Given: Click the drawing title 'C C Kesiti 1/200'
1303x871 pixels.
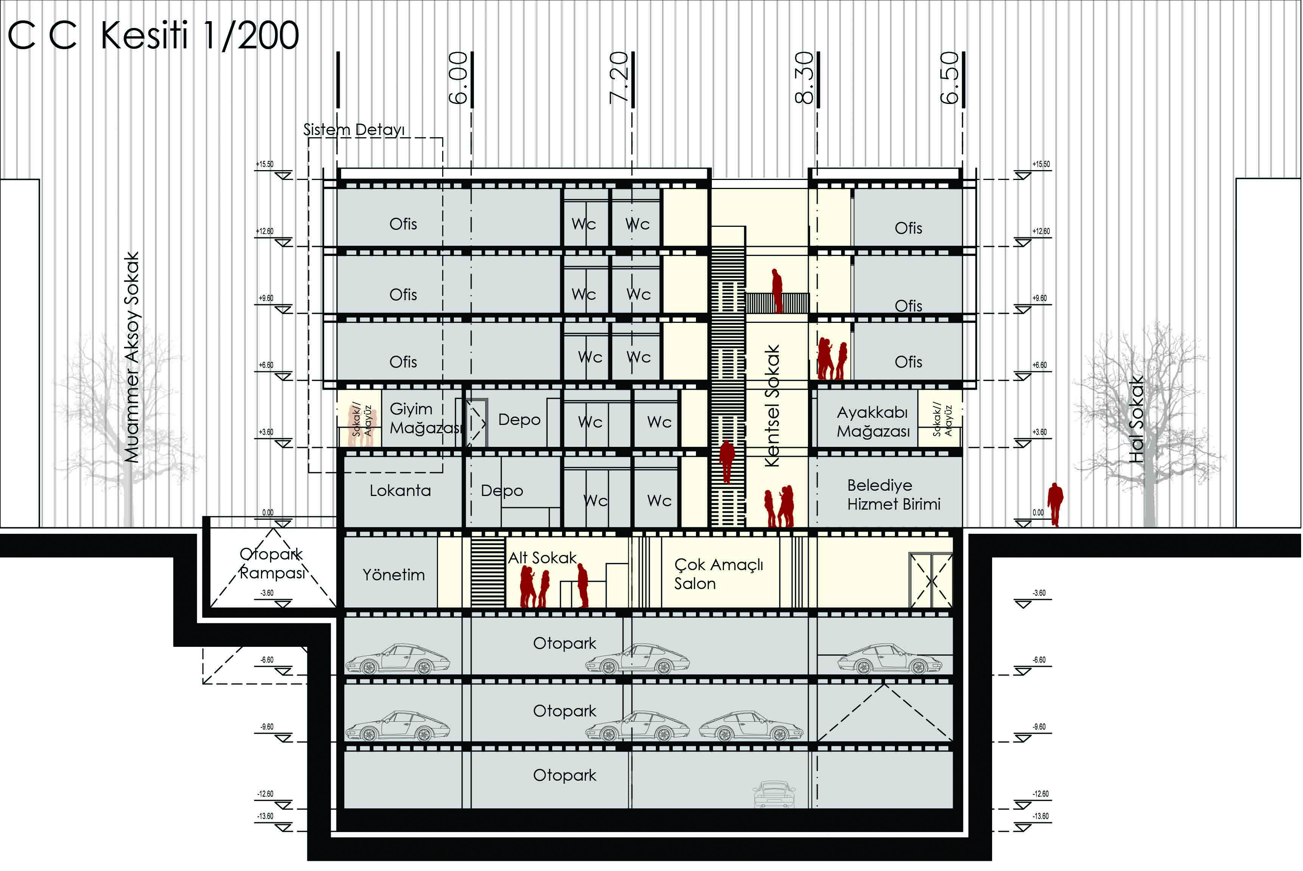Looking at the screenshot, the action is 153,36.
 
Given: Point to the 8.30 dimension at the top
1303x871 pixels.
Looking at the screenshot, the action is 804,78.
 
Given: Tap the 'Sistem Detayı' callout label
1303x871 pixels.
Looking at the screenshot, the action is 354,130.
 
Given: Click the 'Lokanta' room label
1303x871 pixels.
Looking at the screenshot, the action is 400,490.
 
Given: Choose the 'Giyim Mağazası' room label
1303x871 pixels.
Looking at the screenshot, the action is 426,418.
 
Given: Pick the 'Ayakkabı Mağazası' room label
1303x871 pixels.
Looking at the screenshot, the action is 873,422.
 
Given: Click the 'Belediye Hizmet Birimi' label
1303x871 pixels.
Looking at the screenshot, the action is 893,494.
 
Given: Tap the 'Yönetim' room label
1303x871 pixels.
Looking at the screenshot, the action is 393,574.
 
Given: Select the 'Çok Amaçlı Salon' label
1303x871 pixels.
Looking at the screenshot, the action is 719,574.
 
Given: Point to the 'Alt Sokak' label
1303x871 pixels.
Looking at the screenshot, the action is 542,558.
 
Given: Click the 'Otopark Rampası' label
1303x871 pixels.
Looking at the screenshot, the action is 272,563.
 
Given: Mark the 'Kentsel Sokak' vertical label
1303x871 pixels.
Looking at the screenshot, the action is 772,406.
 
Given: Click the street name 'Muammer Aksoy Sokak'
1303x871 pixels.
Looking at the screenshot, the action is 131,357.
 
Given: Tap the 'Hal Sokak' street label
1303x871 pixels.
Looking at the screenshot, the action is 1136,419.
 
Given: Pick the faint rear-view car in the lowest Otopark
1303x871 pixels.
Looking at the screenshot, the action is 774,794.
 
